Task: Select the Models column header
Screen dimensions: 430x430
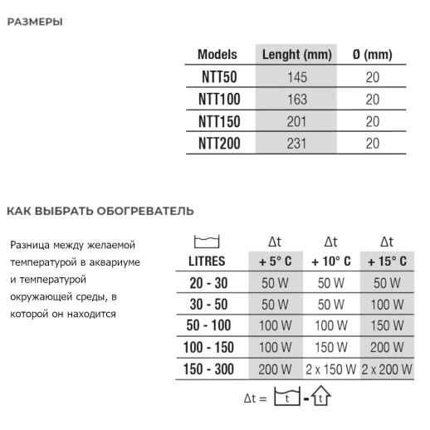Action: pyautogui.click(x=217, y=55)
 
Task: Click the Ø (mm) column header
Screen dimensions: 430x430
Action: pyautogui.click(x=372, y=55)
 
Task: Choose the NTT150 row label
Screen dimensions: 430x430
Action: pyautogui.click(x=217, y=121)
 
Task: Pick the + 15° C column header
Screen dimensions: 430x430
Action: pyautogui.click(x=386, y=261)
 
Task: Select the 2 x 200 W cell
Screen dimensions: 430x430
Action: pyautogui.click(x=386, y=367)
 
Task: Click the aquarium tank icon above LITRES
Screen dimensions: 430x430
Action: pyautogui.click(x=204, y=242)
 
